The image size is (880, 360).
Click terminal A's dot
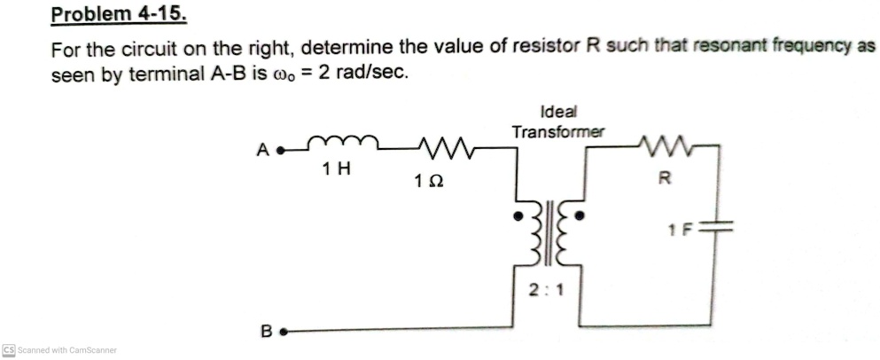(x=280, y=150)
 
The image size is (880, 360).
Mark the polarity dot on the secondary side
(x=580, y=215)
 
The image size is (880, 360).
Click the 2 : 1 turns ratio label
(x=546, y=289)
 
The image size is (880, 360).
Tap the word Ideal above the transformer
(x=557, y=113)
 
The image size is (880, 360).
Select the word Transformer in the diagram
(x=558, y=131)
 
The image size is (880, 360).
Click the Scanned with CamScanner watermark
(x=59, y=349)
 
